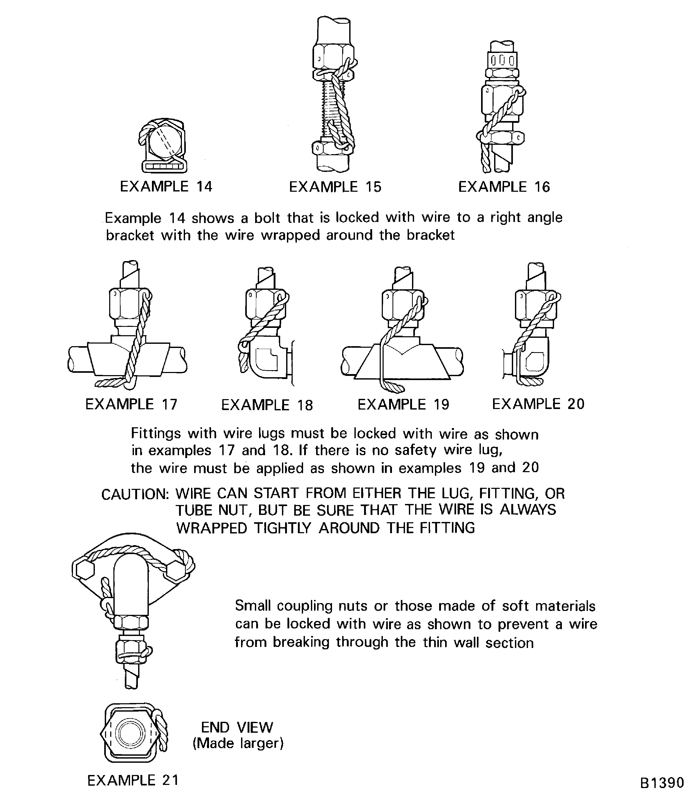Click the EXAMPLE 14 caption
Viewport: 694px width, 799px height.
(166, 187)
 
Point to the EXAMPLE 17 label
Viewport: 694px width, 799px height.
(131, 404)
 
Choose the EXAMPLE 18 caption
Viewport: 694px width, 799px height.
(267, 405)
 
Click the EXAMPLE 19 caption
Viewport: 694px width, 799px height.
(403, 404)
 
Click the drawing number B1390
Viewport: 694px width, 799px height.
(662, 783)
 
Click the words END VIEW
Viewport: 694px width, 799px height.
(237, 727)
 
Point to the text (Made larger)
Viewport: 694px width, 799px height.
(238, 743)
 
